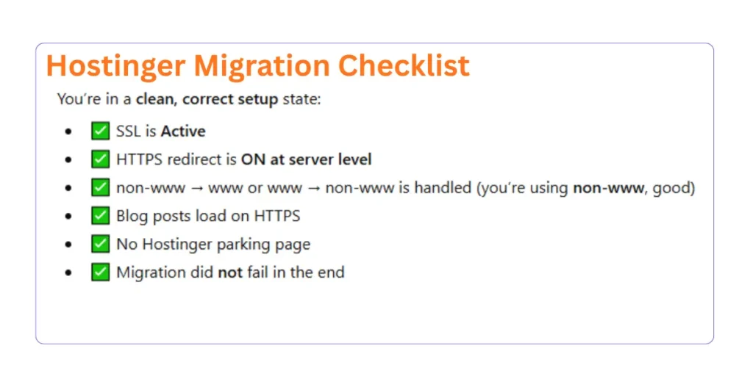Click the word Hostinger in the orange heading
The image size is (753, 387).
click(115, 66)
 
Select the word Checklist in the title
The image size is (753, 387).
click(404, 66)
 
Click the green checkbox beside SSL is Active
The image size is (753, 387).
click(100, 131)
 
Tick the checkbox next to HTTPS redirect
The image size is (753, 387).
click(100, 159)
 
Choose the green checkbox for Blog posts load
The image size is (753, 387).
click(100, 216)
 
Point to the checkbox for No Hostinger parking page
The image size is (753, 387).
click(100, 244)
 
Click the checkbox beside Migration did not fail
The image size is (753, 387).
click(100, 272)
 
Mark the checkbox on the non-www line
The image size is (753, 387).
click(100, 187)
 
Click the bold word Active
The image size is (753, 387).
click(183, 131)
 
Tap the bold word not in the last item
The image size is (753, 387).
click(230, 272)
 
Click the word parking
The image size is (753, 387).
click(263, 245)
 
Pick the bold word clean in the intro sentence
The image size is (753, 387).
click(155, 98)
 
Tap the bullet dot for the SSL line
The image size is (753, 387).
click(68, 132)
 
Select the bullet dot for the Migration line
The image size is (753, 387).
click(68, 272)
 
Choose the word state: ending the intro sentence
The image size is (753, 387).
click(301, 98)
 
